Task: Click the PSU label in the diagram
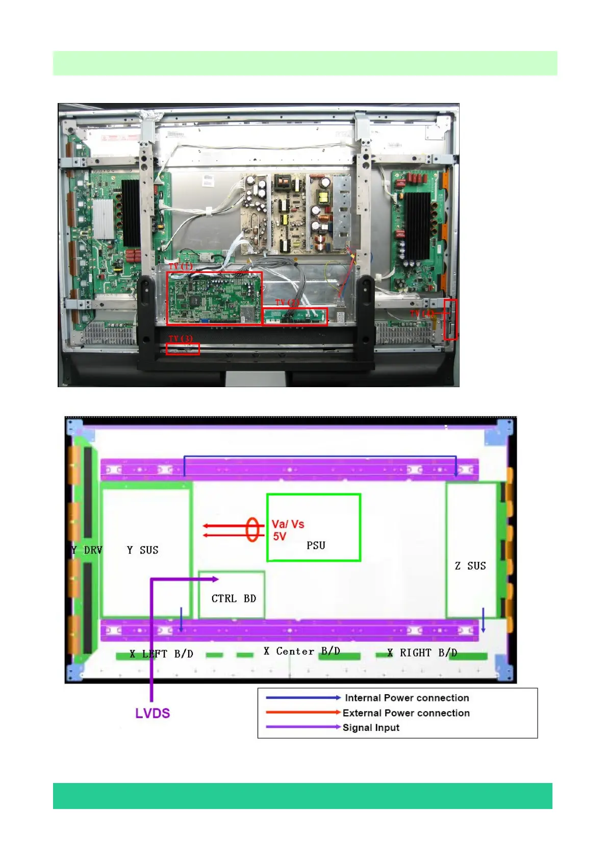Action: point(316,545)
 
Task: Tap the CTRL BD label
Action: point(234,598)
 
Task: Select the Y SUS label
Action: point(142,550)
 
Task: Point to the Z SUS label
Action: point(470,566)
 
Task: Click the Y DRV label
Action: point(87,550)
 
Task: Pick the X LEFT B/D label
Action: point(161,653)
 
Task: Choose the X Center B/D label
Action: point(301,651)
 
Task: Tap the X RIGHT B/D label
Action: point(422,652)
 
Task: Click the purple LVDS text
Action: point(153,713)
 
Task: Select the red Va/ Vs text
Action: point(288,524)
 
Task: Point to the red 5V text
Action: point(280,536)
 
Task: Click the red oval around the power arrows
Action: point(252,529)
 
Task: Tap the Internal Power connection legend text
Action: point(407,698)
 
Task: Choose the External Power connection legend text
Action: point(406,713)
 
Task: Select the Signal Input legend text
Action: point(371,727)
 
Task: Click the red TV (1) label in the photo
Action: point(181,266)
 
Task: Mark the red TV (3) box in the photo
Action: point(183,349)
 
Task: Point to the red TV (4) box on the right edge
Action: point(450,320)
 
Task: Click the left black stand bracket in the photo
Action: point(146,316)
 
